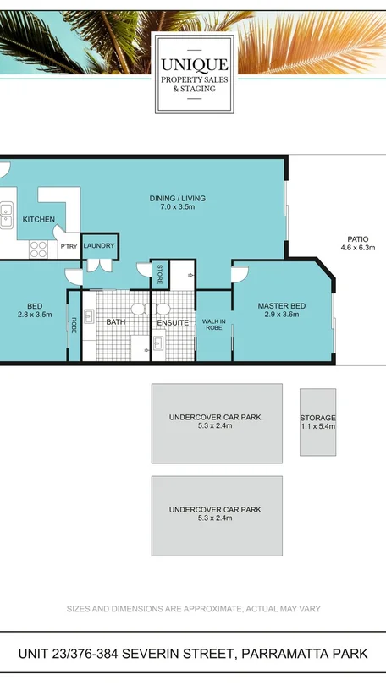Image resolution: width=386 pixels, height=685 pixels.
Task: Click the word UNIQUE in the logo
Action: click(193, 64)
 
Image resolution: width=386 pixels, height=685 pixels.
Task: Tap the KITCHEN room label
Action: click(39, 220)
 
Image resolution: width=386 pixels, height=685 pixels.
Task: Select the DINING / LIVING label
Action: click(178, 199)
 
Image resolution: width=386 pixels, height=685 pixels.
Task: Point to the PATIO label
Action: click(357, 238)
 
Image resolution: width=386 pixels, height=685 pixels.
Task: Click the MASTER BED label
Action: click(281, 306)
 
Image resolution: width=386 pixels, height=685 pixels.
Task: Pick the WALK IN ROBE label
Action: click(213, 324)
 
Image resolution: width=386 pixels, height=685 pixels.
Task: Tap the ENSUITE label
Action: click(173, 323)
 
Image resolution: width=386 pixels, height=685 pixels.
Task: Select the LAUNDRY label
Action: click(98, 246)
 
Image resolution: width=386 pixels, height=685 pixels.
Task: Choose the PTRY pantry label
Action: click(69, 247)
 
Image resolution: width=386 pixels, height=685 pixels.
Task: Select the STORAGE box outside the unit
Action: click(317, 422)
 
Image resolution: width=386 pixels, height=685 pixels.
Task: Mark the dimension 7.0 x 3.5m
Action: click(178, 207)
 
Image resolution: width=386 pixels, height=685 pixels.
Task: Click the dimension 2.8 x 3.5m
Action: click(35, 315)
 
